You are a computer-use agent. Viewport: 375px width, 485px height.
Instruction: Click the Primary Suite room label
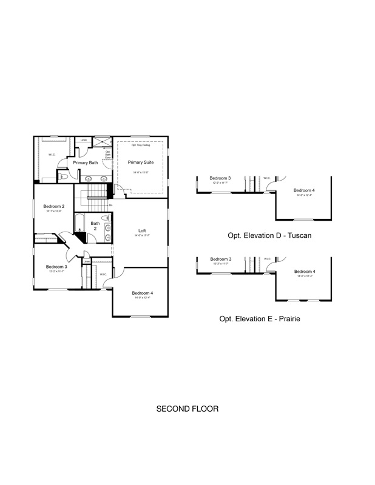click(x=140, y=162)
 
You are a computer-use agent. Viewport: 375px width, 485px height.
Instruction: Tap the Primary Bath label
click(x=86, y=162)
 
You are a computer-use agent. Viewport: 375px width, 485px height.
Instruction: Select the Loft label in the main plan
click(x=142, y=230)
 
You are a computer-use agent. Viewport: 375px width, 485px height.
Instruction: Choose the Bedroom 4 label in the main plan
click(x=142, y=293)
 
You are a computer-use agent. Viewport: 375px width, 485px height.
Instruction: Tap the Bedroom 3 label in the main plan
click(x=56, y=267)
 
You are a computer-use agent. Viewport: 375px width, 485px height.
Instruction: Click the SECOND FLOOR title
click(x=187, y=409)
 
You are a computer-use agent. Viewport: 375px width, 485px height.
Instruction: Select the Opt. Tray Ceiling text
click(x=141, y=145)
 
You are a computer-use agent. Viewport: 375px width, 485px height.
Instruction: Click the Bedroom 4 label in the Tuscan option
click(x=305, y=190)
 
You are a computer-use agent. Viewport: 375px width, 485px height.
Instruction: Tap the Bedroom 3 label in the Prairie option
click(x=221, y=259)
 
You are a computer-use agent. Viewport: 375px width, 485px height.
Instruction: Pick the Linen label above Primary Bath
click(x=83, y=140)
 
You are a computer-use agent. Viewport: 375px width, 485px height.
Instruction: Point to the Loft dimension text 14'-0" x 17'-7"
click(x=142, y=237)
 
